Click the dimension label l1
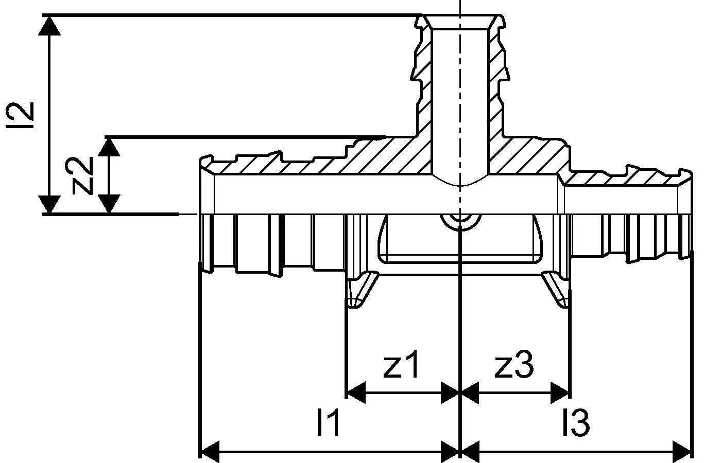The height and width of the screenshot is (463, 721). pos(328,423)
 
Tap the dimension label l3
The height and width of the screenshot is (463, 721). pos(575,423)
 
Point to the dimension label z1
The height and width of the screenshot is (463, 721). pos(402,365)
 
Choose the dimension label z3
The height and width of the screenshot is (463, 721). pos(514,365)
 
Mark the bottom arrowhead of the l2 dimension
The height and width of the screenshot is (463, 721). pos(49,204)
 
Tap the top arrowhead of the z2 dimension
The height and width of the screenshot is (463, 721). pos(109,146)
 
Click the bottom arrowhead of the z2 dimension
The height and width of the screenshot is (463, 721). pos(109,204)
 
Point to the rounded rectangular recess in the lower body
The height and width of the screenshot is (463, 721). pos(459,239)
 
